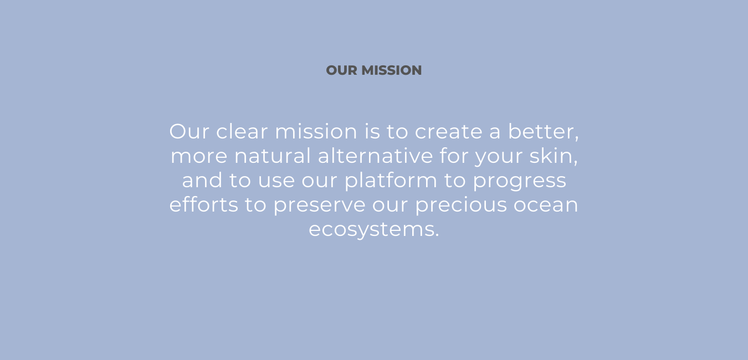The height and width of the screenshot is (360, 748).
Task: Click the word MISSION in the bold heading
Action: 391,70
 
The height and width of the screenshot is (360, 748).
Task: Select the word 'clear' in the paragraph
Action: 242,131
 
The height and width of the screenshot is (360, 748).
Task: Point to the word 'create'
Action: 448,132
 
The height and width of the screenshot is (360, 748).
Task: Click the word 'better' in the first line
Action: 542,131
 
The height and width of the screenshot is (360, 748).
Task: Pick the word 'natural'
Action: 273,156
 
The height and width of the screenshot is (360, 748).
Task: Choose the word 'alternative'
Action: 375,156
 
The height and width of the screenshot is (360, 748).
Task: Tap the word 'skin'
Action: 551,156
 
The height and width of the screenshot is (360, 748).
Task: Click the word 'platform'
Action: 391,181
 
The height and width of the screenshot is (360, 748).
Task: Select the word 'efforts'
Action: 204,204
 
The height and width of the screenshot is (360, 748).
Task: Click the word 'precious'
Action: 461,204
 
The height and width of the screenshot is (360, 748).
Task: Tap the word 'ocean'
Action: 546,205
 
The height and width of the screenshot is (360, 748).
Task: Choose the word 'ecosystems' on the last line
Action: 371,230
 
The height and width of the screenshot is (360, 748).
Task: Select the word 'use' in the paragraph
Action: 276,181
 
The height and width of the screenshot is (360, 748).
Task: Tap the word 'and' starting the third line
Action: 202,181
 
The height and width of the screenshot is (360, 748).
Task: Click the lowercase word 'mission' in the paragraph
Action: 316,131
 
